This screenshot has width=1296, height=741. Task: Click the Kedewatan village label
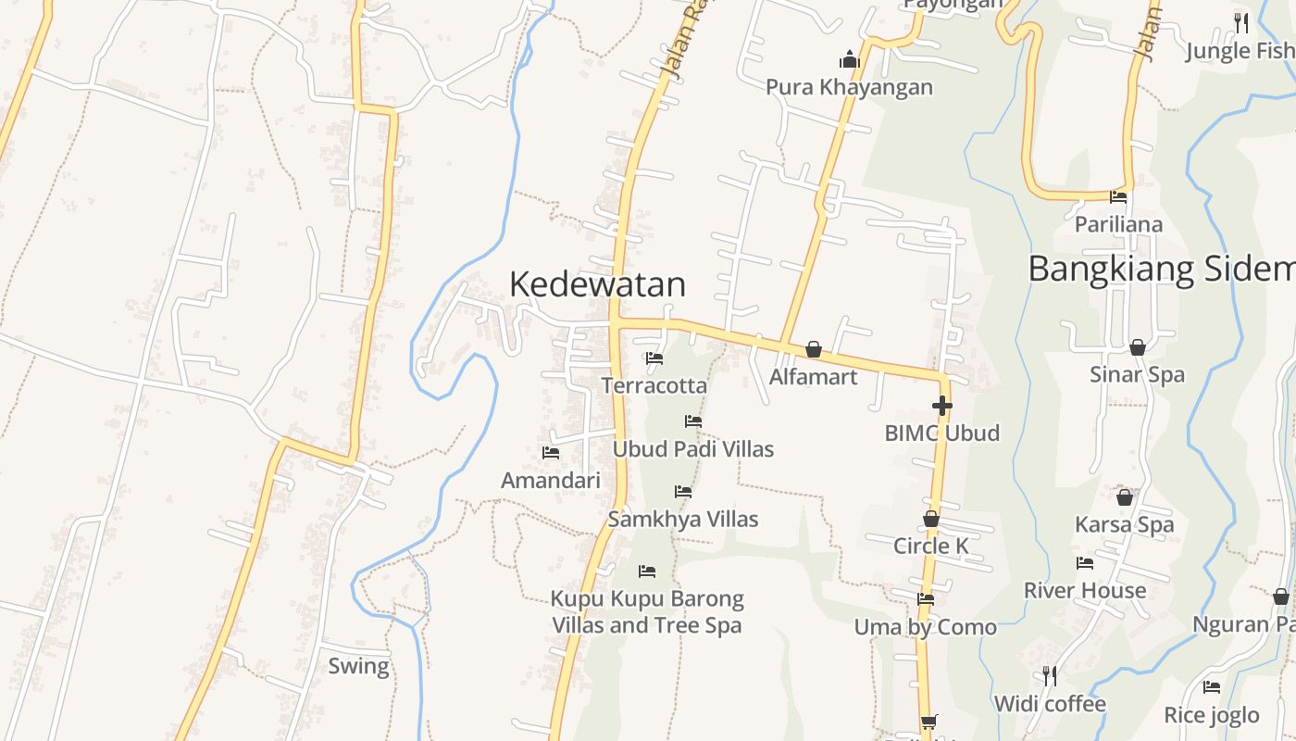click(x=597, y=284)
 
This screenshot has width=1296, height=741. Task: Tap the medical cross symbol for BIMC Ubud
click(x=941, y=406)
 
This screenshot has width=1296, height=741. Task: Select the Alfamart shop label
click(x=813, y=377)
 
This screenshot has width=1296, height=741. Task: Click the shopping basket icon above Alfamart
click(x=813, y=349)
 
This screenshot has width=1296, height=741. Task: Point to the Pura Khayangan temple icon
click(x=849, y=60)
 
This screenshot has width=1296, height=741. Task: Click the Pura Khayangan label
click(x=849, y=87)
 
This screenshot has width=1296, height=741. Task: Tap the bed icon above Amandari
click(x=551, y=453)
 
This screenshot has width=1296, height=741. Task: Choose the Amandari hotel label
click(x=551, y=481)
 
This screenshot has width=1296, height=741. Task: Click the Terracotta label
click(x=654, y=385)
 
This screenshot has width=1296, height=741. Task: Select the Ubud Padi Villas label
click(x=693, y=449)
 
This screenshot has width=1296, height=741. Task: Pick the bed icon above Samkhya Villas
click(x=683, y=492)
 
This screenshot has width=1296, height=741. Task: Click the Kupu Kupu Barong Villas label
click(x=647, y=611)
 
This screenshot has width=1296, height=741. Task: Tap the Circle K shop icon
click(x=931, y=519)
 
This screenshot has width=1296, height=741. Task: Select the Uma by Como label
click(x=925, y=627)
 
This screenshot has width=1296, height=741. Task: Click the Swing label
click(x=358, y=666)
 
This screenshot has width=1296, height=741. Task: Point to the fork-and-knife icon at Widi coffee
click(x=1049, y=676)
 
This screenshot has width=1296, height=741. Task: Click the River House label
click(x=1084, y=590)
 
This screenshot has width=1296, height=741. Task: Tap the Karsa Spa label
click(x=1124, y=524)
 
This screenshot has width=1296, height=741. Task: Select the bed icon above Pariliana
click(x=1118, y=196)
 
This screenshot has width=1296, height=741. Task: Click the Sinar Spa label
click(x=1137, y=374)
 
